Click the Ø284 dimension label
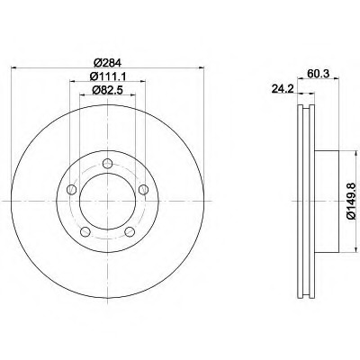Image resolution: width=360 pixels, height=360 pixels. pos(107,63)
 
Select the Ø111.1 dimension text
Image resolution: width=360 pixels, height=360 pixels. pos(107,76)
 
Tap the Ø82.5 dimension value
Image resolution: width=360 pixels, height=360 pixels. pos(107,90)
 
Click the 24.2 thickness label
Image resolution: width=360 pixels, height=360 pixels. pos(283,88)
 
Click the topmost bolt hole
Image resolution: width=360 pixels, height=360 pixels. pos(107,164)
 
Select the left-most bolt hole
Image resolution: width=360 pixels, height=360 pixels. pos(71,189)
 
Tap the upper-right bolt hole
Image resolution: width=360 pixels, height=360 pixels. pos(144,189)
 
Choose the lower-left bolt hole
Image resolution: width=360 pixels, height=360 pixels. pos(85,231)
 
